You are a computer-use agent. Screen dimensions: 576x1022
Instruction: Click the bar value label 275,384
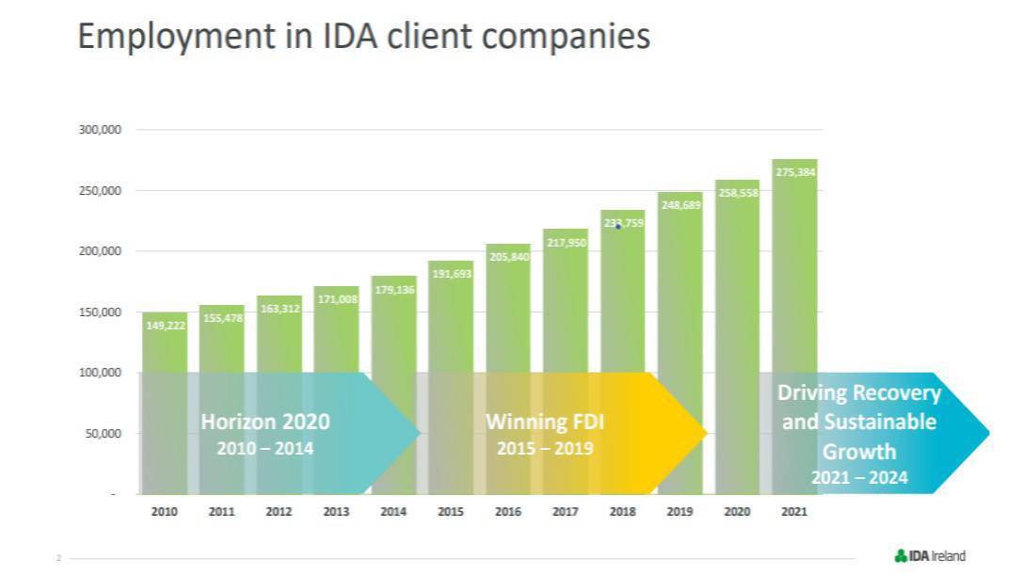pyautogui.click(x=795, y=172)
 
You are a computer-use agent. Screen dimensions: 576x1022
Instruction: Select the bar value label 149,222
pyautogui.click(x=166, y=326)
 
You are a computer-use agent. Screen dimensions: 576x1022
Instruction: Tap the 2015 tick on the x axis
pyautogui.click(x=451, y=512)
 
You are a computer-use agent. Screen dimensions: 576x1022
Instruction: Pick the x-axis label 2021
pyautogui.click(x=794, y=512)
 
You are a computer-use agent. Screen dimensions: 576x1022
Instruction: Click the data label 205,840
pyautogui.click(x=508, y=257)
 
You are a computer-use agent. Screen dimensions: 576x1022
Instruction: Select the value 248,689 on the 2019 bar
pyautogui.click(x=680, y=204)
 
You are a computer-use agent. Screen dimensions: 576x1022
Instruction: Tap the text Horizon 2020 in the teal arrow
pyautogui.click(x=265, y=422)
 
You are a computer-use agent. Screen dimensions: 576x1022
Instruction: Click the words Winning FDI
pyautogui.click(x=545, y=422)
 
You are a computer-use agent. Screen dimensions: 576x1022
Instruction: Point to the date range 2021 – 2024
pyautogui.click(x=859, y=478)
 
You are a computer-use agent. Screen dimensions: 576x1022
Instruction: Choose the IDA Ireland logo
pyautogui.click(x=930, y=555)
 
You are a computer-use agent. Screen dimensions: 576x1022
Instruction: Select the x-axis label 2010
pyautogui.click(x=165, y=512)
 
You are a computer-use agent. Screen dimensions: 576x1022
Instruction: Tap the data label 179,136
pyautogui.click(x=393, y=290)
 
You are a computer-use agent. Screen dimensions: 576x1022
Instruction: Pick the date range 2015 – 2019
pyautogui.click(x=545, y=449)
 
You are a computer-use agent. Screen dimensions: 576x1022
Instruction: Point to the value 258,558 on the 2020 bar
pyautogui.click(x=738, y=192)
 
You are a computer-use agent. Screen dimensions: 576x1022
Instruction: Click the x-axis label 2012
pyautogui.click(x=279, y=512)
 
